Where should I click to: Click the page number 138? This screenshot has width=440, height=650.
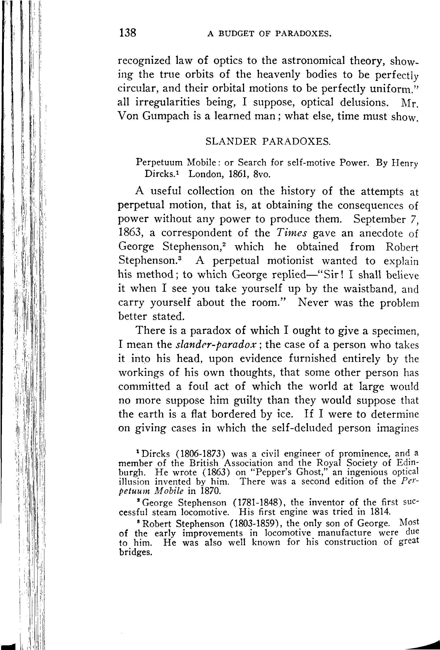(128, 33)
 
